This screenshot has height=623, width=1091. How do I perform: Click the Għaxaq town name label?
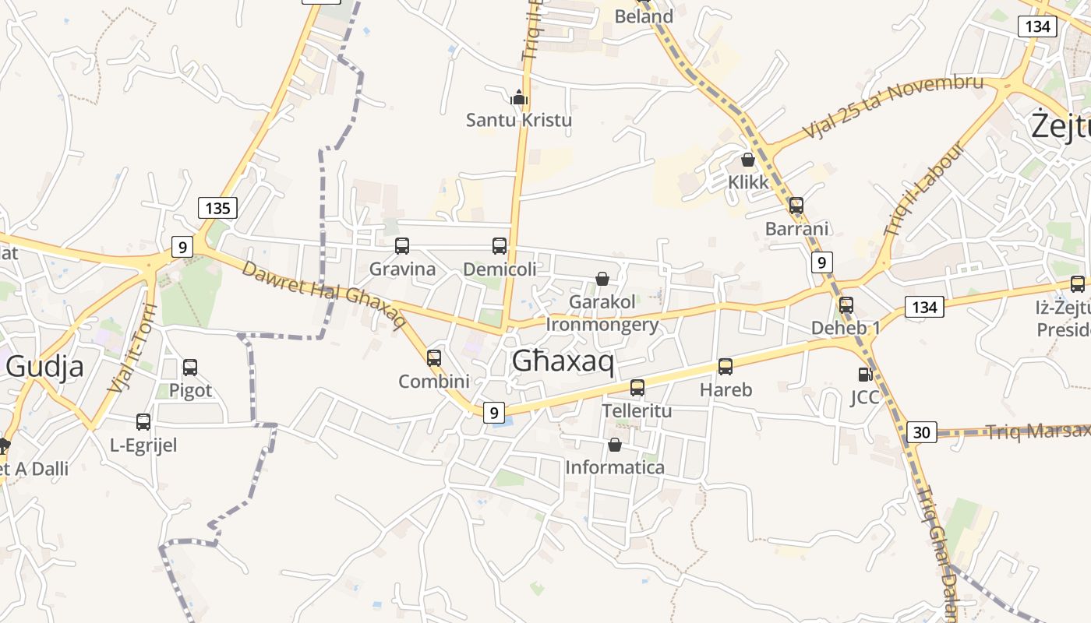[563, 361]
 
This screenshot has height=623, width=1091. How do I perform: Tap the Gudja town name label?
[44, 366]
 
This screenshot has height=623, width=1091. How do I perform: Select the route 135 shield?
[217, 208]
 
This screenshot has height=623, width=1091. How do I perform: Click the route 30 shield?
[921, 432]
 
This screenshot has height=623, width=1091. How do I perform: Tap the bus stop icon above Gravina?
[402, 246]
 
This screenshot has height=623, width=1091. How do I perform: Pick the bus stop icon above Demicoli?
[500, 246]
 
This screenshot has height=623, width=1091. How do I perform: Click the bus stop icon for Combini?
[434, 358]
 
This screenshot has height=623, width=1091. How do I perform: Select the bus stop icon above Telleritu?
[637, 387]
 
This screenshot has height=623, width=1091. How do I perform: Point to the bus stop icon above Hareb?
[726, 367]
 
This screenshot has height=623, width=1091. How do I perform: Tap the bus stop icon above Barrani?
[796, 206]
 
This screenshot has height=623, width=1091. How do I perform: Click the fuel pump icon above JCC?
[864, 375]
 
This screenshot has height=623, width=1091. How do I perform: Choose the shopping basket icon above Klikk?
[748, 160]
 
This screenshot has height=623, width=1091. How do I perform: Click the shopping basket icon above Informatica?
[615, 445]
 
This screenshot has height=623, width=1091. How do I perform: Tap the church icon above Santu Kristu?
[518, 97]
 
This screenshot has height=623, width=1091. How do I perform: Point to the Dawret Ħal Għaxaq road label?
[323, 294]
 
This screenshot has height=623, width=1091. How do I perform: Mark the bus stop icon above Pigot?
[190, 368]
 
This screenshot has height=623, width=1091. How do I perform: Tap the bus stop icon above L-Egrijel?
[143, 422]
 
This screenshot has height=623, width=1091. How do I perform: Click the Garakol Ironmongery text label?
[602, 312]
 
